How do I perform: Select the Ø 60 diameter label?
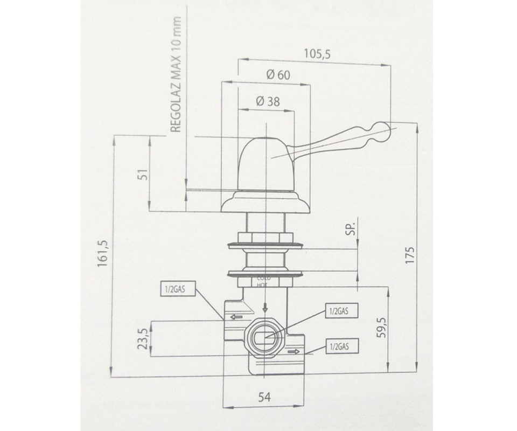pos(278,75)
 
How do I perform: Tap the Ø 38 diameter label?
pos(268,101)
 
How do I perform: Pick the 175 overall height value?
pos(410,254)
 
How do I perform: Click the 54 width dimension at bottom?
pos(264,397)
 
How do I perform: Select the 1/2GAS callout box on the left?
pos(174,290)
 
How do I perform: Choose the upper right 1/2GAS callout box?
pos(338,311)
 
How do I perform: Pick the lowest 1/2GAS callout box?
pos(338,346)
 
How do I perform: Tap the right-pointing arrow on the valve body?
pos(293,352)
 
